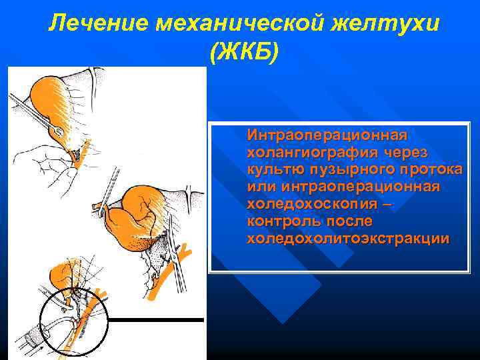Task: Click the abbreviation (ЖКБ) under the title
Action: (244, 54)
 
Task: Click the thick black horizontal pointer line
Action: (156, 320)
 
